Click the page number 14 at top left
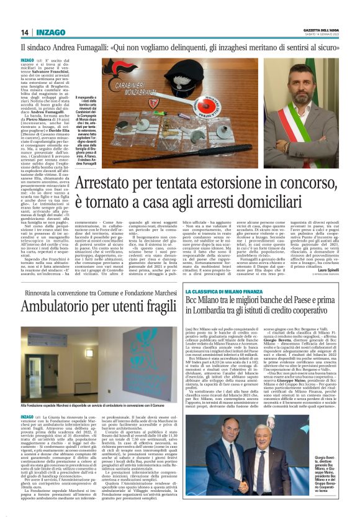(x=24, y=32)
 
